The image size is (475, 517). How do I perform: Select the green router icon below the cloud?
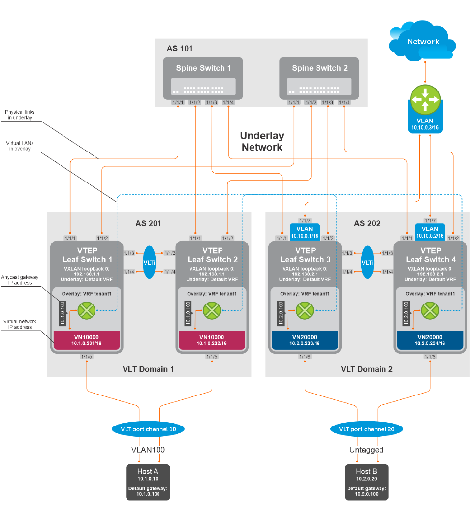[425, 100]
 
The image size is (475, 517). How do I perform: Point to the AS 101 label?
[180, 48]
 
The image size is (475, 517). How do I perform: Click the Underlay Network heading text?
[262, 141]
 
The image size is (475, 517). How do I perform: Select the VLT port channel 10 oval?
[149, 429]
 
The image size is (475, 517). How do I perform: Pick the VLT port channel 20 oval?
[367, 429]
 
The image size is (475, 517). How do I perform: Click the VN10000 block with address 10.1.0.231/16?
[87, 340]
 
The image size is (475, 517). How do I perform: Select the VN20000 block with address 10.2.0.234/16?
[430, 340]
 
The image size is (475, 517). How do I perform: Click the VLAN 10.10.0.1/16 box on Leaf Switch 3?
[305, 232]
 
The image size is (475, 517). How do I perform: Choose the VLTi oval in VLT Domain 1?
[149, 262]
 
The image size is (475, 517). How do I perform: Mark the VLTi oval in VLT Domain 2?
[367, 262]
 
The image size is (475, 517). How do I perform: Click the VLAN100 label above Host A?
[148, 449]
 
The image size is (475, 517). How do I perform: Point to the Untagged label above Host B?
[367, 449]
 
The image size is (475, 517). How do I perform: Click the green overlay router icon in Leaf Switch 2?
[212, 311]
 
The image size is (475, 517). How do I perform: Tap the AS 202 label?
[367, 223]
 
